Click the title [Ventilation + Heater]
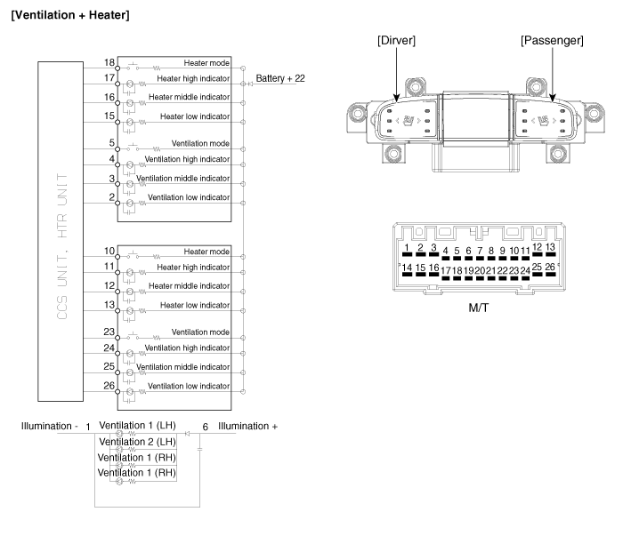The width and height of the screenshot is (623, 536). (69, 14)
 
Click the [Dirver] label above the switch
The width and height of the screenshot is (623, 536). (397, 42)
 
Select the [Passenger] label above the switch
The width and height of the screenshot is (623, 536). (552, 42)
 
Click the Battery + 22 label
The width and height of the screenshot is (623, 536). (279, 79)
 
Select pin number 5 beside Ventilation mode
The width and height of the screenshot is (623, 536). (112, 142)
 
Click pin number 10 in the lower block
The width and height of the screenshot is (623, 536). (109, 252)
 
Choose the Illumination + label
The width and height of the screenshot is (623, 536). (247, 427)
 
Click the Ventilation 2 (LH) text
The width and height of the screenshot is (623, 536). (137, 442)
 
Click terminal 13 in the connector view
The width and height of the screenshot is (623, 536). (551, 247)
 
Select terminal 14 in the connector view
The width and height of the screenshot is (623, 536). (408, 268)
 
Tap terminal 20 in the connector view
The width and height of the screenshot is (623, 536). (481, 270)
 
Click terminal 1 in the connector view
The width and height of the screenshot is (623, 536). (406, 248)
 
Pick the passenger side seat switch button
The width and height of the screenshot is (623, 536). (541, 119)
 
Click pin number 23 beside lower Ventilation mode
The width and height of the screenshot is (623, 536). (109, 332)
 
